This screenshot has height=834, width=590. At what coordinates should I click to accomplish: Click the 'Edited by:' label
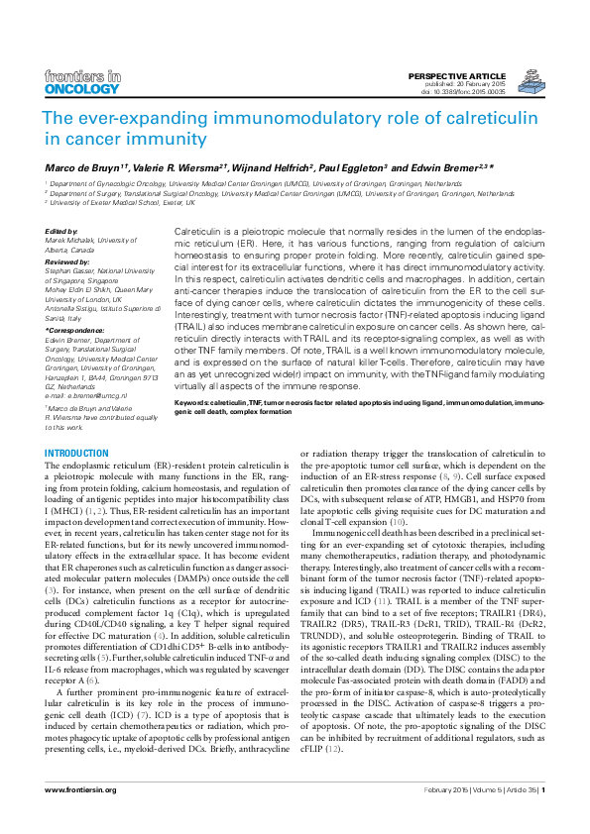[x=62, y=231]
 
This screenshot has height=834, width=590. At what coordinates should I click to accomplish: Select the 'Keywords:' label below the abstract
[x=195, y=404]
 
